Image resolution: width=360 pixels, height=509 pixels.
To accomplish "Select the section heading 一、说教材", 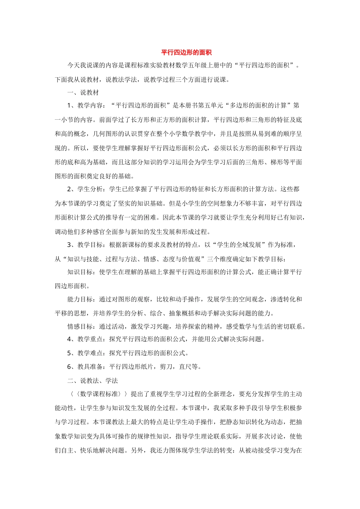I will click(83, 93).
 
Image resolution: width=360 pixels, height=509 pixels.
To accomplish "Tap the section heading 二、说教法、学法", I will click(92, 381).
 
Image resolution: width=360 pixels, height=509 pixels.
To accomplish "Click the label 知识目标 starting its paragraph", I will click(80, 272).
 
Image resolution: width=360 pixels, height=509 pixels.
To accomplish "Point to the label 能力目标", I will click(80, 299).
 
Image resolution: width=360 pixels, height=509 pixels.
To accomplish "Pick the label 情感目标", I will click(80, 326).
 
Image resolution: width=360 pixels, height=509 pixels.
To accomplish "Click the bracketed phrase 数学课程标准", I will click(99, 394).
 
